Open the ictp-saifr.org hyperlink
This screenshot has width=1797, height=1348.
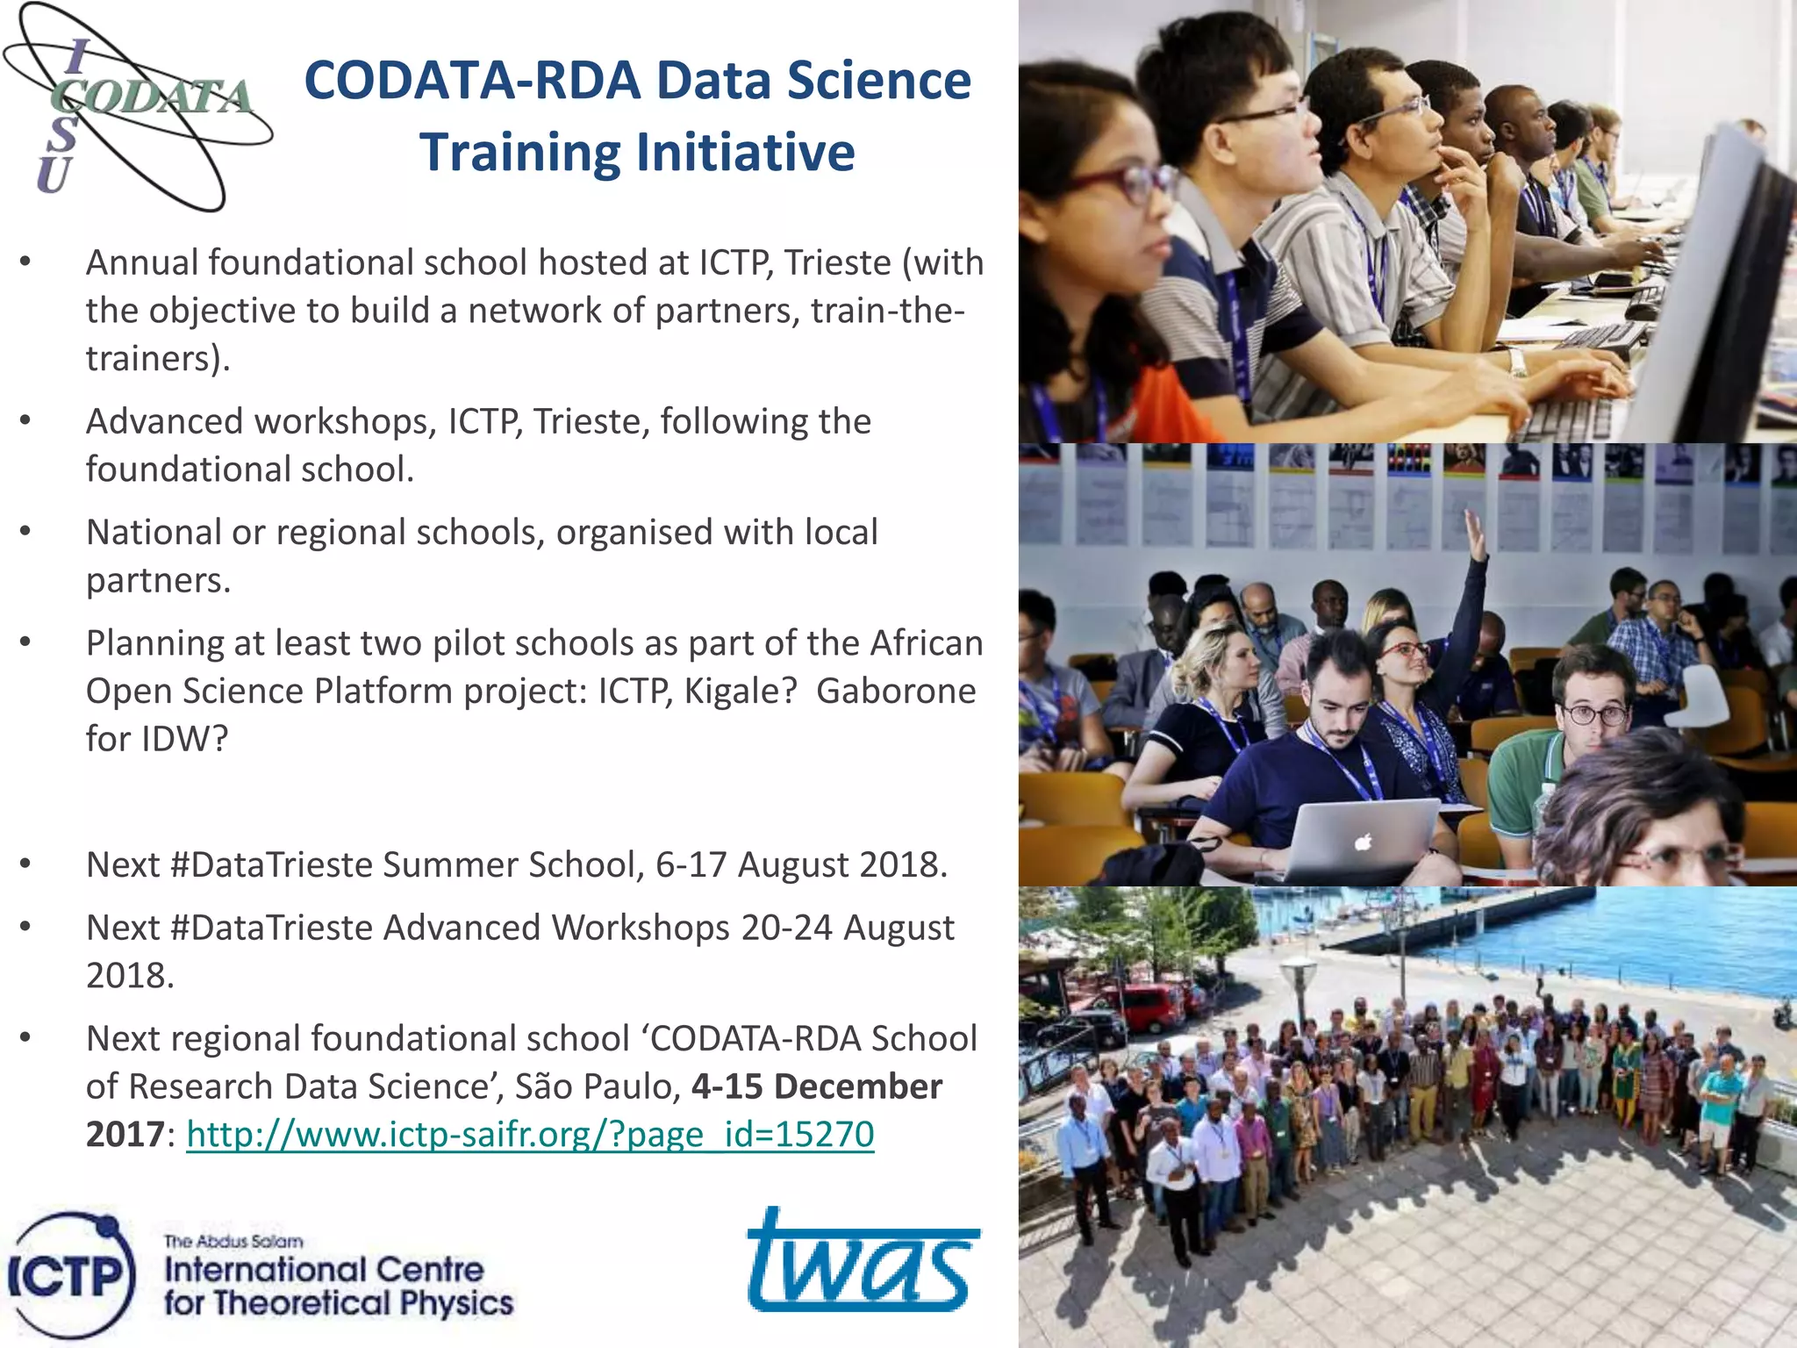[530, 1134]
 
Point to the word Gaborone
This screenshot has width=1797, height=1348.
[895, 691]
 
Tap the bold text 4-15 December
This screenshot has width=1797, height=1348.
[816, 1086]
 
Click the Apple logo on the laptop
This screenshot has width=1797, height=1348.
[1362, 843]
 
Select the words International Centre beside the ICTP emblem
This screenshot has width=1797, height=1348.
[323, 1269]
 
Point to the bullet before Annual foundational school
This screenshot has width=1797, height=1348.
[25, 262]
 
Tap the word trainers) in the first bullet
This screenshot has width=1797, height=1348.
[158, 358]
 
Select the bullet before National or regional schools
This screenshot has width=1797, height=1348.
[25, 532]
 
